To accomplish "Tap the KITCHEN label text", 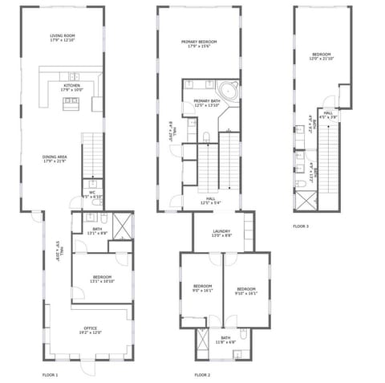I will tap(72, 88).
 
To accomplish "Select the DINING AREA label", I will tap(55, 159).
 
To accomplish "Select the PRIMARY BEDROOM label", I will tap(197, 43).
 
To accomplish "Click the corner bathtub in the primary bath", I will tap(229, 90).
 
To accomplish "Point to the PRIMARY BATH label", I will tap(206, 103).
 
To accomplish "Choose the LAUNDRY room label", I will tap(221, 233).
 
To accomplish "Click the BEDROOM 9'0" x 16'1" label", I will tap(202, 290).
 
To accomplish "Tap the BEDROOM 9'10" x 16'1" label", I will tap(245, 290).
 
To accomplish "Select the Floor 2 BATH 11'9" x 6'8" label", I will tap(225, 340).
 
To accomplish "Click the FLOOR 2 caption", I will tap(202, 375).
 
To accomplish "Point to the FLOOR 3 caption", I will tap(301, 226).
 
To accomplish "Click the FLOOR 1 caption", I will tap(50, 375).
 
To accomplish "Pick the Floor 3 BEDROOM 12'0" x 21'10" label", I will tap(321, 56).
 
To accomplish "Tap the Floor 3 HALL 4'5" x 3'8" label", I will tap(328, 115).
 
